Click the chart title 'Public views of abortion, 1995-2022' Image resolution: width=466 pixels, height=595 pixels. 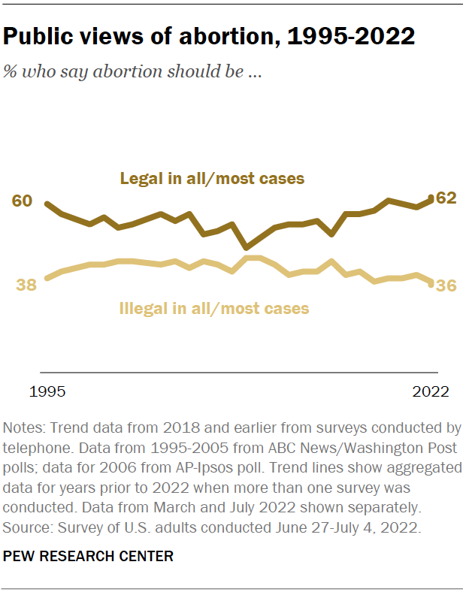point(210,37)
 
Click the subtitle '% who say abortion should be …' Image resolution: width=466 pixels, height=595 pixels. point(132,72)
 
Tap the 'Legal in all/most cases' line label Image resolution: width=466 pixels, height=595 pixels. point(213,179)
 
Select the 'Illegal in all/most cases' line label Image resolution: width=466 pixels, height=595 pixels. point(214,307)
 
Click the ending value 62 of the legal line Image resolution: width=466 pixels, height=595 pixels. point(446,198)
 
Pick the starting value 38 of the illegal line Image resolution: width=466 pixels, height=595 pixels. point(26,285)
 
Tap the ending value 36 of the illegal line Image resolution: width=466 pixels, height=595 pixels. point(446,285)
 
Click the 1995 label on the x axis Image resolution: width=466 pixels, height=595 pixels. point(47,391)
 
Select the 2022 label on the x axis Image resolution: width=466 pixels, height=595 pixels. point(431,391)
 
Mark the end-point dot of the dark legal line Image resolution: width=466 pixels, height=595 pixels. point(430,199)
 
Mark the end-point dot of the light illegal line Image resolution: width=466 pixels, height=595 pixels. point(430,283)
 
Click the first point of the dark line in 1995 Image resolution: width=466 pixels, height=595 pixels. point(47,204)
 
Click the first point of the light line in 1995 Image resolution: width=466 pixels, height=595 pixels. point(47,278)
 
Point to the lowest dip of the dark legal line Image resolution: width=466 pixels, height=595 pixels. point(246,246)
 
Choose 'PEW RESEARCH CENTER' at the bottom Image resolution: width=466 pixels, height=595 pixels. point(89,557)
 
